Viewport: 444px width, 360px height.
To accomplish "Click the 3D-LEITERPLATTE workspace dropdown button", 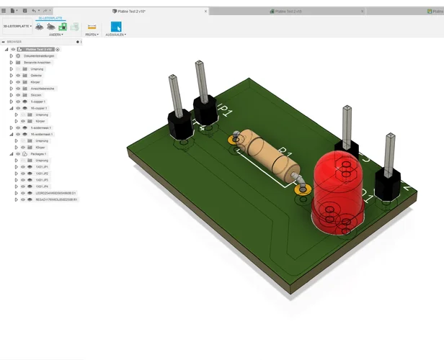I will click(x=17, y=27).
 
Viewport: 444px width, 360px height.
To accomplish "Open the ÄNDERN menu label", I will click(x=55, y=35).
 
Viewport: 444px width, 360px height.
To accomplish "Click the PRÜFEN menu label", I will click(x=92, y=35).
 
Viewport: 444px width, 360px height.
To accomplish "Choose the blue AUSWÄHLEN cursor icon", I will click(x=116, y=27).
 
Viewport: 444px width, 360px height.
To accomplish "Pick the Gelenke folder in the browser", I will click(x=36, y=75).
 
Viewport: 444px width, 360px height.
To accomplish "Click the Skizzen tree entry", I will click(x=36, y=95).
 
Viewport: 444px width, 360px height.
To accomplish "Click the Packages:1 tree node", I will click(x=40, y=154).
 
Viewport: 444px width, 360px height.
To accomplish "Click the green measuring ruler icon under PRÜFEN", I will click(x=92, y=27).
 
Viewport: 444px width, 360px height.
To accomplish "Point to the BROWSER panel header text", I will click(x=14, y=42).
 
